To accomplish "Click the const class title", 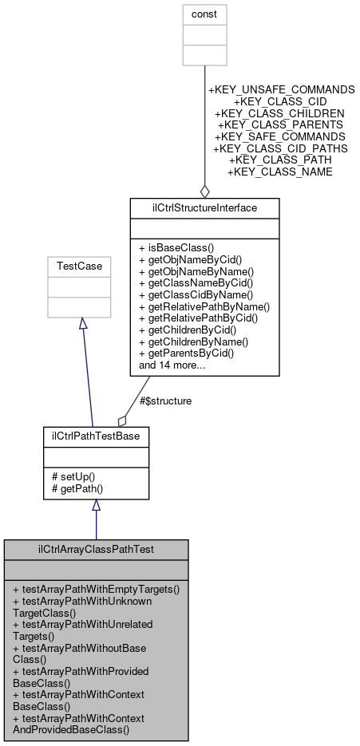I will pyautogui.click(x=204, y=14).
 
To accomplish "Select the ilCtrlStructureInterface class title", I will pyautogui.click(x=204, y=208).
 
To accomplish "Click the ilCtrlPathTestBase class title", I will pyautogui.click(x=96, y=437).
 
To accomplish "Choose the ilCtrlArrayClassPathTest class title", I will pyautogui.click(x=96, y=550).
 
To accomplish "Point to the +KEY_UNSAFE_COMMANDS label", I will pyautogui.click(x=281, y=89).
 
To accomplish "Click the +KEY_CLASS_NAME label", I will pyautogui.click(x=280, y=172).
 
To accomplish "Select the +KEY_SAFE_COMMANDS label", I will pyautogui.click(x=280, y=136).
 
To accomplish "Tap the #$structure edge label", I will pyautogui.click(x=166, y=401).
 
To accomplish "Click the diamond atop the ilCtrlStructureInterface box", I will pyautogui.click(x=204, y=191).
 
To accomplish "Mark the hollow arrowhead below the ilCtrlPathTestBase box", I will pyautogui.click(x=96, y=506).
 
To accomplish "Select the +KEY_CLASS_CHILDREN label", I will pyautogui.click(x=280, y=113).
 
